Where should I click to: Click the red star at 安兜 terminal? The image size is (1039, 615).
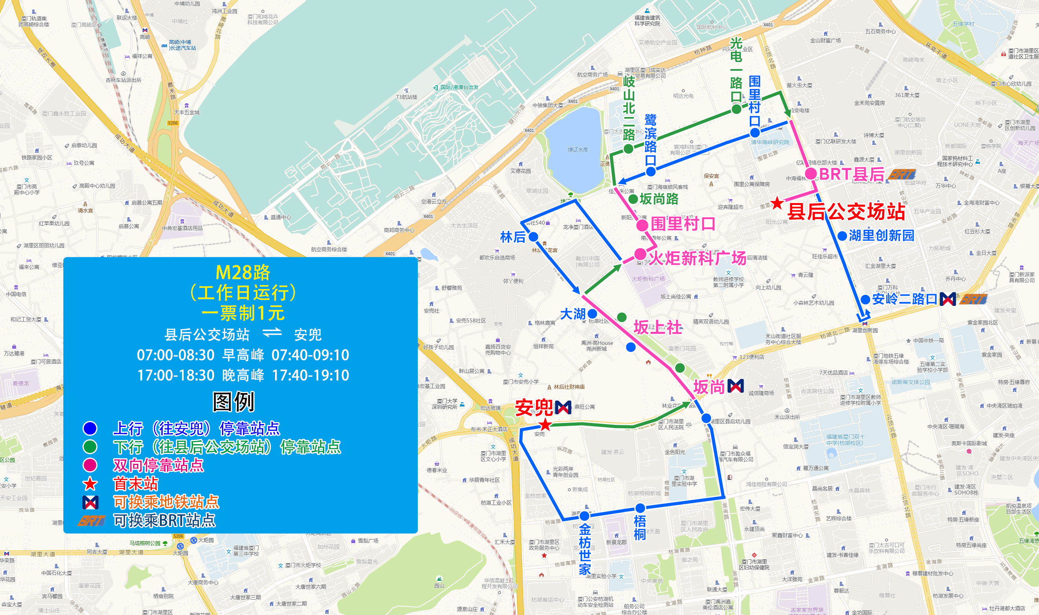click(x=545, y=425)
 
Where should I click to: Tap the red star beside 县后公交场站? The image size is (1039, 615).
click(x=777, y=203)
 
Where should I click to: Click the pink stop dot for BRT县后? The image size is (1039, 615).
click(x=811, y=174)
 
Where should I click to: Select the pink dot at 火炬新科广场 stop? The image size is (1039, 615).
click(x=640, y=254)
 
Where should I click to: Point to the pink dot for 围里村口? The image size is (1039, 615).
click(x=642, y=225)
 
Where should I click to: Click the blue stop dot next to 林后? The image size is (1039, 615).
click(x=534, y=237)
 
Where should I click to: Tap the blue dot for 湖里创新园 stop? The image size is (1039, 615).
click(x=842, y=236)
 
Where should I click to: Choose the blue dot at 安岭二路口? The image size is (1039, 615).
click(x=865, y=299)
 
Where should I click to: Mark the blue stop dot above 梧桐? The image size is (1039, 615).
click(x=640, y=508)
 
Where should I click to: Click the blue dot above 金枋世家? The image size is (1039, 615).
click(x=585, y=516)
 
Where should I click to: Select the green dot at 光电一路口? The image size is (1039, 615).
click(x=736, y=110)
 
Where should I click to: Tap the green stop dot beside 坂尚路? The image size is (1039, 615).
click(x=633, y=199)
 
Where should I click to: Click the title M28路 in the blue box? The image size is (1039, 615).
click(x=243, y=273)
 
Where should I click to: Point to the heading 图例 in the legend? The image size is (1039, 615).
click(x=233, y=402)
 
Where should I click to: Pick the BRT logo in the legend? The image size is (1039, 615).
click(x=91, y=520)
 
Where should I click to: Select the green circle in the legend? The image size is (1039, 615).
click(x=90, y=447)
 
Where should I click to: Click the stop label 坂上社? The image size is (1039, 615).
click(x=657, y=328)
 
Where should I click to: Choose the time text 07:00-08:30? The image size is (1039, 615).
click(x=176, y=355)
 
